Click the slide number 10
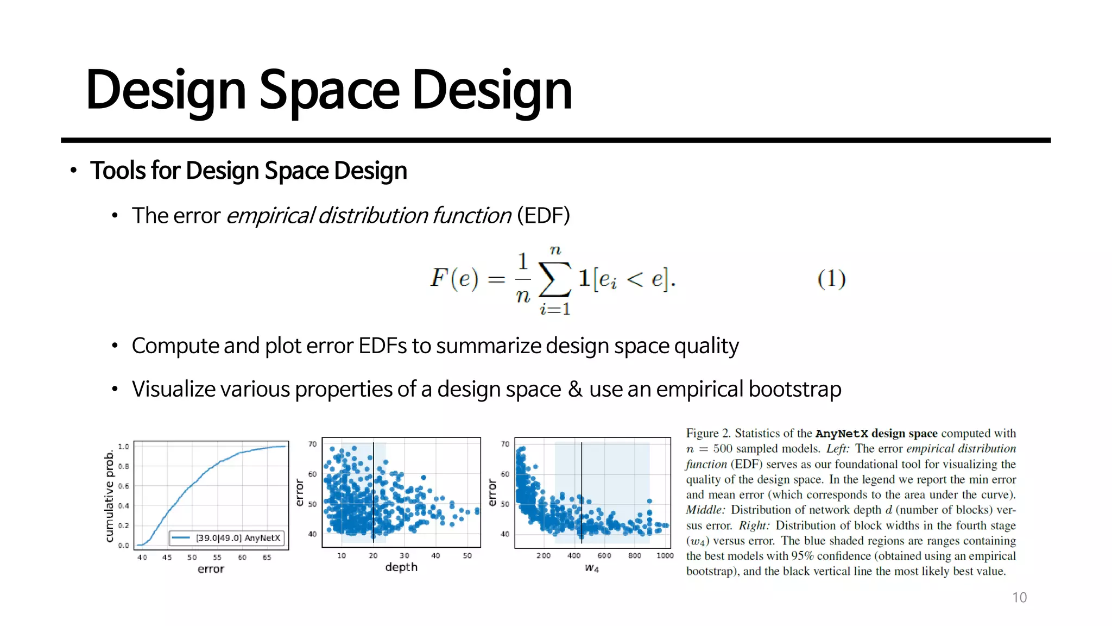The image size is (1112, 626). coord(1019,597)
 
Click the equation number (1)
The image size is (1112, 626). coord(831,279)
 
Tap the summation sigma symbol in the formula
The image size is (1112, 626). coord(554,279)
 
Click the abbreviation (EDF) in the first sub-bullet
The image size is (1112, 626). coord(543,216)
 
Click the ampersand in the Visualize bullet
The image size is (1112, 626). coord(575,390)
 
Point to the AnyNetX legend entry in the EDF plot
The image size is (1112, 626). coord(226,538)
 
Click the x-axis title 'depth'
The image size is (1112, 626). coord(401,567)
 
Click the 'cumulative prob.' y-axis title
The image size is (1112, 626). coord(110,495)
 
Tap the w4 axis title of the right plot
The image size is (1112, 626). coord(591,568)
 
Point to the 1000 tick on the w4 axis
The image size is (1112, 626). coord(665,555)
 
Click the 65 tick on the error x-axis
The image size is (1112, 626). coord(267,557)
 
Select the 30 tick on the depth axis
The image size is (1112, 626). coord(404,555)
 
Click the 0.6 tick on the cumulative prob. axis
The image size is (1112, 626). coord(124,486)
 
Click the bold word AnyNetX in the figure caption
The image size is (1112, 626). coord(841,434)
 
